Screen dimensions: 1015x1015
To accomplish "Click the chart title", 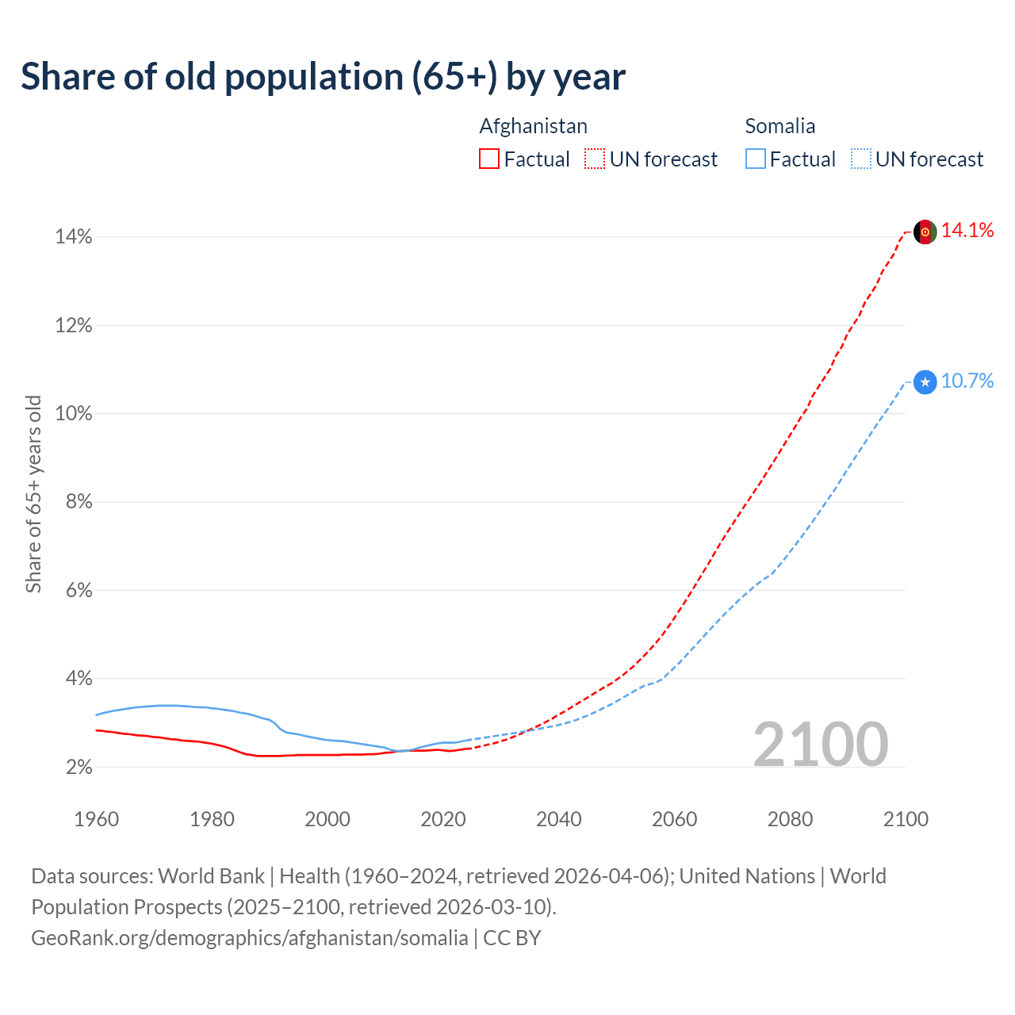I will coord(323,77).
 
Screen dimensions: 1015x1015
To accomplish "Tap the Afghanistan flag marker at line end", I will coord(925,232).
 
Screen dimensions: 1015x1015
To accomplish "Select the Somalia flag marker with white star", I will coord(925,382).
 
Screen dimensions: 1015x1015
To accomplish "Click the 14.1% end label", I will coord(967,231).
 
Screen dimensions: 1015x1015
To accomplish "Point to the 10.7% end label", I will coord(967,381).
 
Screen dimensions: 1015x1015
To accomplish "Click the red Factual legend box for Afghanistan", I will coord(489,159).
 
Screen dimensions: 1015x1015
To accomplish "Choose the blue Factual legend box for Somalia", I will coord(755,159).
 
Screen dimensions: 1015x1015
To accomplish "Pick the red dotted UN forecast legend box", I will coord(595,159).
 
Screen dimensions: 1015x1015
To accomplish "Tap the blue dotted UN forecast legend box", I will coord(860,159).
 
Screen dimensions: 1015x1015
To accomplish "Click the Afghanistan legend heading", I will coord(533,126).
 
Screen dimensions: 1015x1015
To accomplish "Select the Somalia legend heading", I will coord(779,126).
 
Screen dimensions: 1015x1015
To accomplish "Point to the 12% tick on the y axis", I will coord(73,326).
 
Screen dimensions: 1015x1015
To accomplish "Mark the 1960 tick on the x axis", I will coord(96,819).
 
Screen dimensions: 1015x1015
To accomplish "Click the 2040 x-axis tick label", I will coord(558,819).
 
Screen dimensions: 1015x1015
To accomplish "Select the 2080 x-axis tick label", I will coord(790,819).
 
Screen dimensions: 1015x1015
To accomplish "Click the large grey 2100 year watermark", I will coord(820,745).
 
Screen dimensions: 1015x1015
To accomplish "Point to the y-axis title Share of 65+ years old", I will coord(33,493).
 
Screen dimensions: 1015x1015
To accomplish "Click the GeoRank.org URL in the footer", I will coord(249,938).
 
